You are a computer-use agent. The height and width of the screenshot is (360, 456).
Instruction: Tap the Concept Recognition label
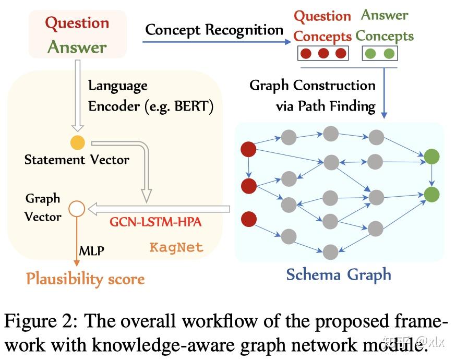click(x=214, y=30)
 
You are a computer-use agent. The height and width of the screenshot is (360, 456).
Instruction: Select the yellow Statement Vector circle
click(x=77, y=141)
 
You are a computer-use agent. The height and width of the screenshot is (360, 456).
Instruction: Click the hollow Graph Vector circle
click(x=77, y=209)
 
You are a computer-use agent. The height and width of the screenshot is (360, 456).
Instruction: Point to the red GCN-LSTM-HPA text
click(x=155, y=221)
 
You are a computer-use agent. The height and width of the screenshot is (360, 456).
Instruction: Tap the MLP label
click(x=92, y=251)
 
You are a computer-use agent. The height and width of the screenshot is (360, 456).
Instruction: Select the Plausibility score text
click(x=85, y=279)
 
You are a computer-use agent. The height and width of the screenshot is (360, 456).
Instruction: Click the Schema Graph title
click(x=339, y=274)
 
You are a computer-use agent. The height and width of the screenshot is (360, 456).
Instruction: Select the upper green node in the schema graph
click(x=431, y=156)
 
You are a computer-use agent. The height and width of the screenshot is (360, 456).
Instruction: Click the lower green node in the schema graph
click(x=431, y=194)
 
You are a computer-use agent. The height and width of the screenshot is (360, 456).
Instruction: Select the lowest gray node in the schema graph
click(x=330, y=252)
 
